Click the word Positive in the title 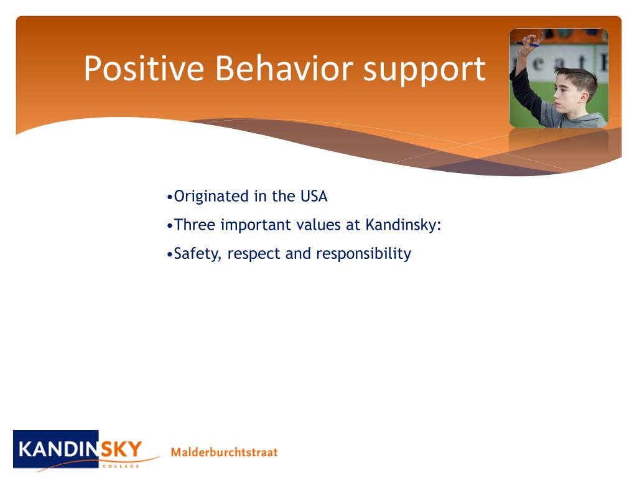(144, 68)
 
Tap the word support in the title (424, 72)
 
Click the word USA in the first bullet (314, 196)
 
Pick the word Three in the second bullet (194, 225)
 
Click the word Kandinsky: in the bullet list (403, 225)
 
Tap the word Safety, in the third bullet (197, 254)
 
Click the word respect (254, 255)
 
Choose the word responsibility (363, 254)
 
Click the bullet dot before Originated (170, 198)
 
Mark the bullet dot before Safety (170, 255)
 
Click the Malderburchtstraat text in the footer (224, 452)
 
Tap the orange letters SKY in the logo (121, 449)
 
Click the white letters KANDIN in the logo (58, 449)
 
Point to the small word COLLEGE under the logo (121, 466)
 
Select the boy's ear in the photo (585, 96)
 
